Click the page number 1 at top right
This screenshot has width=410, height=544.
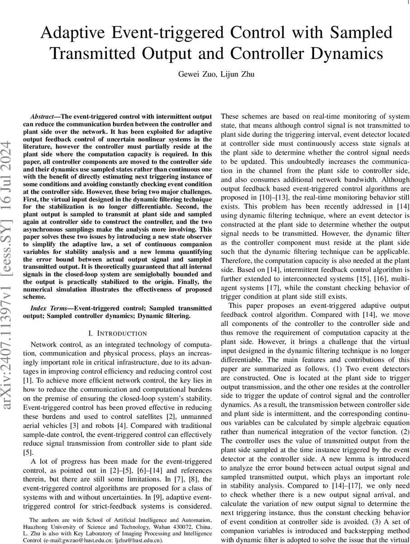(x=402, y=3)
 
